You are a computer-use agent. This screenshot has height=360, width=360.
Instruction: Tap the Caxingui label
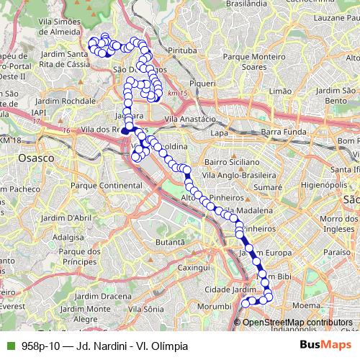[x=192, y=267]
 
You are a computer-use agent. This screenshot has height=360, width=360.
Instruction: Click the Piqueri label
[x=202, y=84]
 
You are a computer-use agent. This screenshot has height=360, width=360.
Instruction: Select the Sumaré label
[x=267, y=186]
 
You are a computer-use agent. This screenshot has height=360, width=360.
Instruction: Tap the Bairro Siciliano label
[x=231, y=163]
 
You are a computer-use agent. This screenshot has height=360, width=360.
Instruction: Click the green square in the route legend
[x=9, y=346]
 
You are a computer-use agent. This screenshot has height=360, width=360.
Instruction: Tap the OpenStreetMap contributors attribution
[x=297, y=323]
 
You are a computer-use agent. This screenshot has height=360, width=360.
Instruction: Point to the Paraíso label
[x=336, y=253]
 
